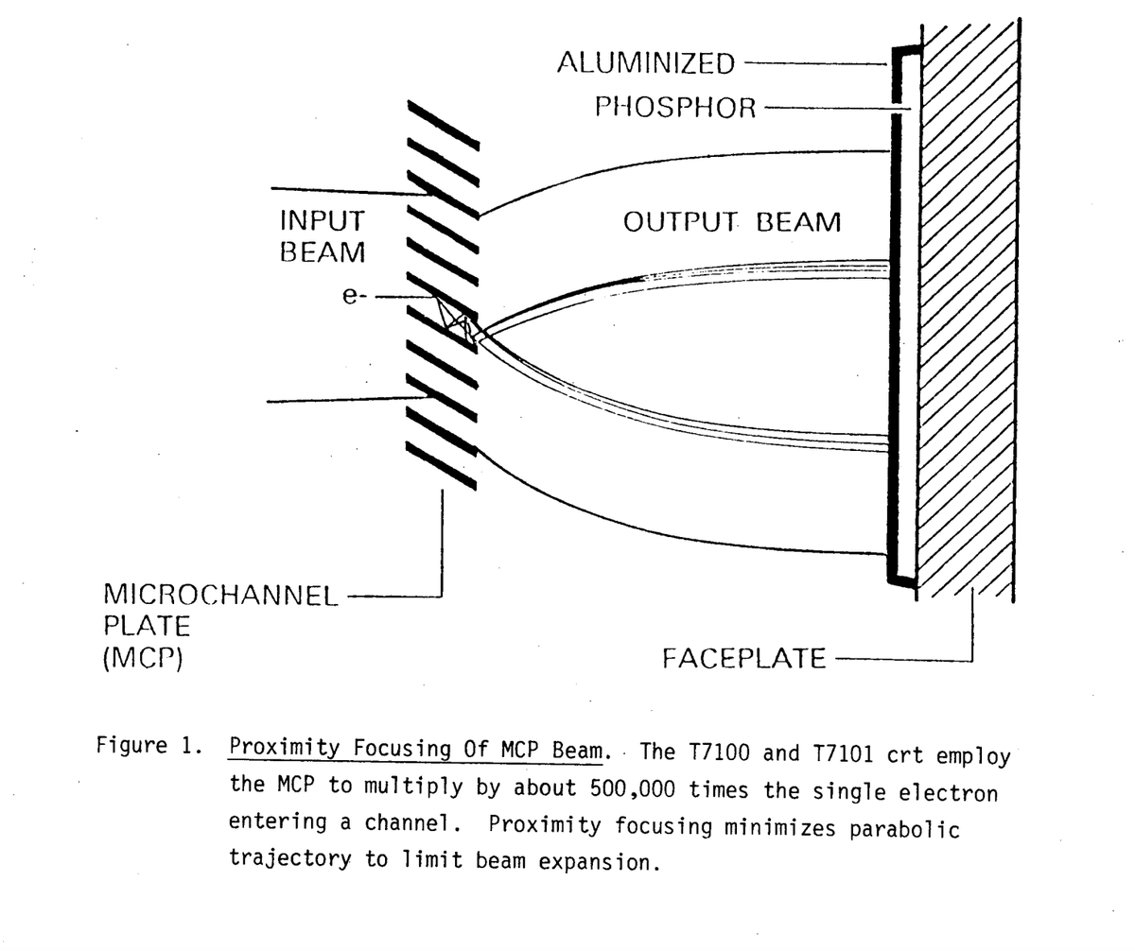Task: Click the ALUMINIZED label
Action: (645, 63)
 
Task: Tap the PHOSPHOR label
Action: (675, 108)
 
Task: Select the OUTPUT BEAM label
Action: (731, 223)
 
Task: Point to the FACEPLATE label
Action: (743, 658)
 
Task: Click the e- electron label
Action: (352, 296)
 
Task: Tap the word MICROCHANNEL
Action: (219, 596)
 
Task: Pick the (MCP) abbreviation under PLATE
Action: (142, 657)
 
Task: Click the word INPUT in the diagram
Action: (322, 221)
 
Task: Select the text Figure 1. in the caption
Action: (148, 745)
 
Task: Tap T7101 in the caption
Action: (847, 754)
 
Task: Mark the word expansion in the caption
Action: (600, 862)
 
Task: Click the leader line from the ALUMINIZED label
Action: (813, 63)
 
